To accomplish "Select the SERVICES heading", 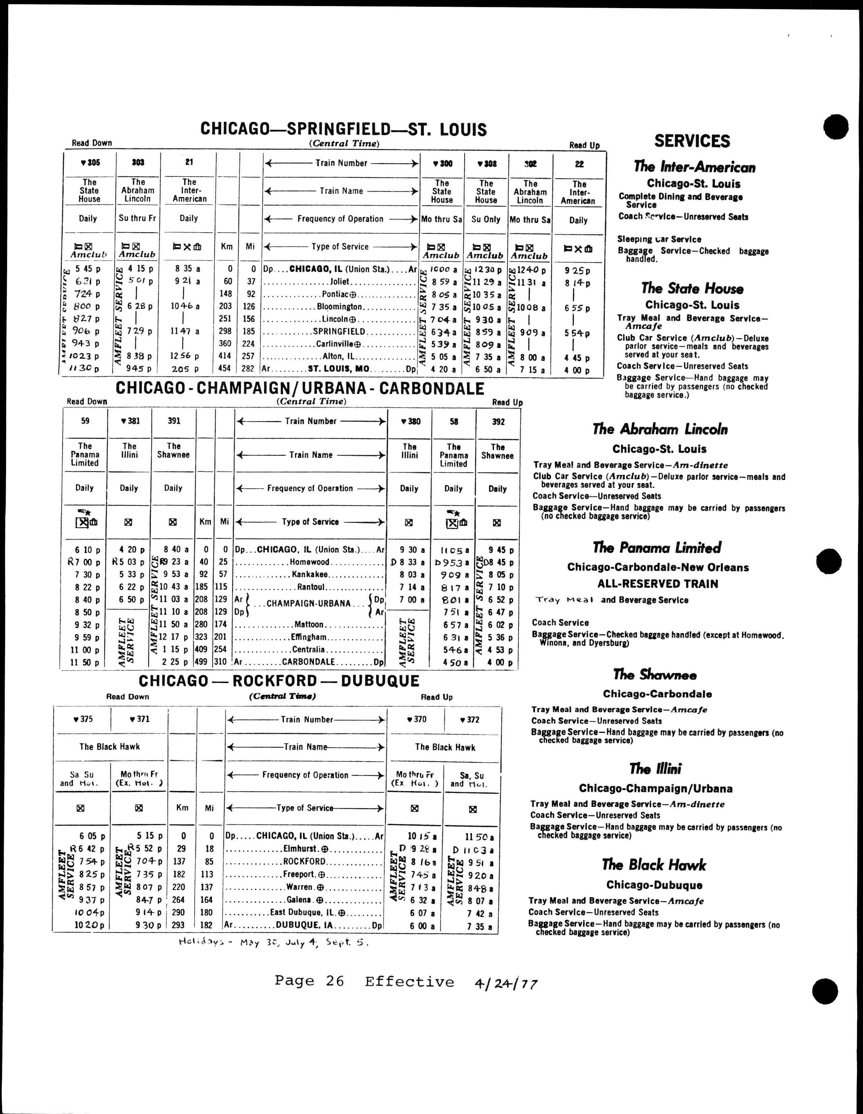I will pyautogui.click(x=692, y=141).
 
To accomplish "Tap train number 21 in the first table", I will pyautogui.click(x=189, y=162).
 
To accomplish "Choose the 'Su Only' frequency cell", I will pyautogui.click(x=485, y=219).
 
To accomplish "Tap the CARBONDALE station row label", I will pyautogui.click(x=308, y=662).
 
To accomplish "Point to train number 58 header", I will pyautogui.click(x=453, y=421).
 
